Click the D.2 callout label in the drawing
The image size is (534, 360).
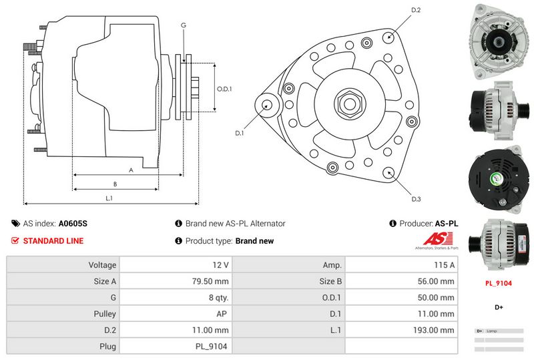pos(416,10)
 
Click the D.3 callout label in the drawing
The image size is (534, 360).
pos(416,199)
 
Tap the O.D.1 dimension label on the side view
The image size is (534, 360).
pos(224,88)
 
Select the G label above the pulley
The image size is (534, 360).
pos(183,25)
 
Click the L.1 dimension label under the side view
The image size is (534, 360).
pos(109,198)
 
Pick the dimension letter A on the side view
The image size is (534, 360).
pos(131,170)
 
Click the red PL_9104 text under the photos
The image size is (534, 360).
pos(498,283)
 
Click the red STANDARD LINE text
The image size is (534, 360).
pos(53,241)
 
